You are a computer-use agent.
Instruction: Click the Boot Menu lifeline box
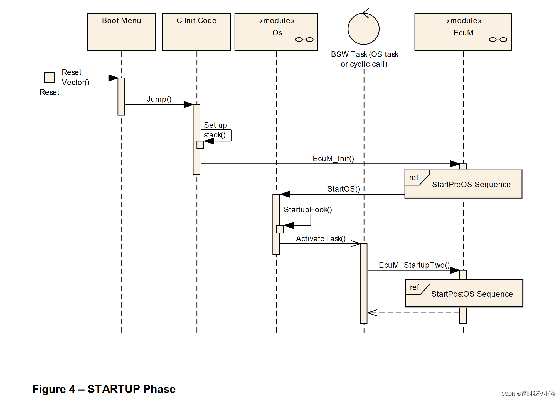click(x=121, y=32)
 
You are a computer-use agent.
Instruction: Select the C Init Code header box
click(x=196, y=32)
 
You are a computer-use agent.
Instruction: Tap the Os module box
click(x=276, y=32)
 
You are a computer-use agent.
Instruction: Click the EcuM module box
click(x=463, y=32)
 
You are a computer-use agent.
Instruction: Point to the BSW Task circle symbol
click(x=363, y=29)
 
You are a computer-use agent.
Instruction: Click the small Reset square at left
click(x=49, y=78)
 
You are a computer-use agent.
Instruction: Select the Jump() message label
click(x=159, y=99)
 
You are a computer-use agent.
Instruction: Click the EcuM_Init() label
click(x=333, y=159)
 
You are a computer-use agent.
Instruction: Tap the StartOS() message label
click(x=343, y=189)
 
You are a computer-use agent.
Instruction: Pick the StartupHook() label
click(x=308, y=210)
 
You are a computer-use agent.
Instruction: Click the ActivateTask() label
click(x=321, y=239)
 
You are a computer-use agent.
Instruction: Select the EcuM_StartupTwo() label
click(x=414, y=265)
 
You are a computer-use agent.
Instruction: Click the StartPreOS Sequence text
click(x=471, y=185)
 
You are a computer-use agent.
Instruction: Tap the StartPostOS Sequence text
click(x=472, y=294)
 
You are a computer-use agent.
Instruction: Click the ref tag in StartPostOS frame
click(x=414, y=287)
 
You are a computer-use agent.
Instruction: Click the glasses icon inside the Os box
click(x=304, y=40)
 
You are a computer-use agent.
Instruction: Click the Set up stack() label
click(x=215, y=130)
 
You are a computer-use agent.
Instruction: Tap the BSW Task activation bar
click(x=363, y=283)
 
